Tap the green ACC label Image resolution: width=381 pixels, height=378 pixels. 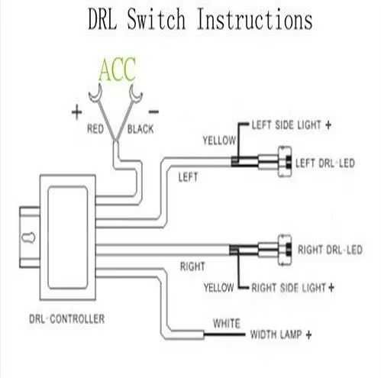click(x=116, y=70)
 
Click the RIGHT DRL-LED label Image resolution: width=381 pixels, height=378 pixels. click(x=328, y=250)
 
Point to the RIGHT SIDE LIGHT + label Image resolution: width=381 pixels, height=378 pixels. click(x=293, y=288)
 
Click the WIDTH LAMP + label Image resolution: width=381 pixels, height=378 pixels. click(x=283, y=335)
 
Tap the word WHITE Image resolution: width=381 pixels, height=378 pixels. click(x=226, y=323)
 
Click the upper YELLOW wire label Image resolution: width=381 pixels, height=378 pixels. click(x=218, y=141)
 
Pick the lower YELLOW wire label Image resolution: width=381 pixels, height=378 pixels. click(x=218, y=288)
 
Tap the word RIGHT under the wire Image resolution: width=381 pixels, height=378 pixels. click(x=192, y=267)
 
